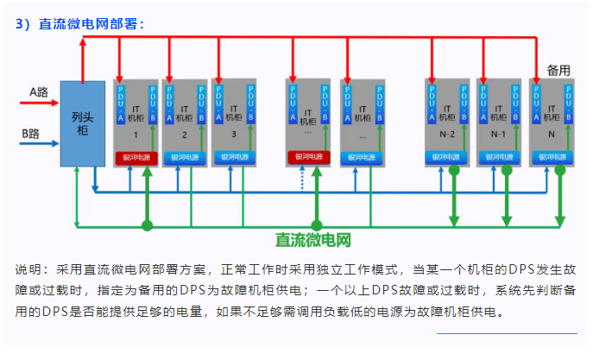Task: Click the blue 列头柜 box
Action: (82, 123)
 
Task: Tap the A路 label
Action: (38, 90)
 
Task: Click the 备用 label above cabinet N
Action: (559, 69)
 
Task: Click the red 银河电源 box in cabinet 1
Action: (136, 157)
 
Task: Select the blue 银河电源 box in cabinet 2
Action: (185, 157)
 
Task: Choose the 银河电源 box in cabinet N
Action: (551, 157)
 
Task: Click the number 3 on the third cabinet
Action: (234, 136)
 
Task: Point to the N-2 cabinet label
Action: (447, 136)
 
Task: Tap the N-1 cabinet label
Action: (499, 136)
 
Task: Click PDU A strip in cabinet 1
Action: (121, 102)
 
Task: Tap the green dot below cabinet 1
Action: (148, 225)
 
